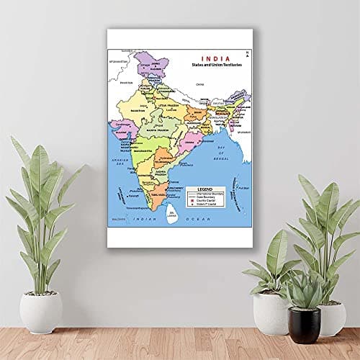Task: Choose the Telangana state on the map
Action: tap(163, 153)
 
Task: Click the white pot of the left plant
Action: tap(40, 311)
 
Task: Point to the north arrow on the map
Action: tap(246, 53)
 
